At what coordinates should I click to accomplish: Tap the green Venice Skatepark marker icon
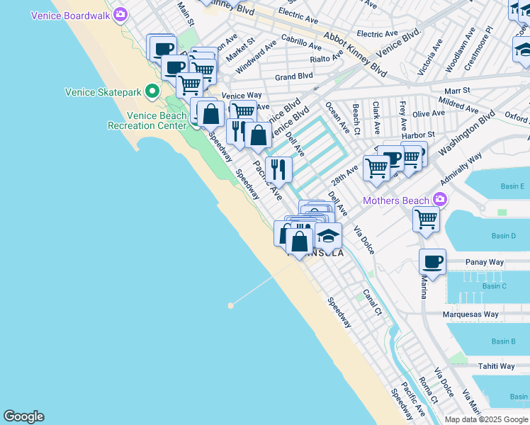pos(152,91)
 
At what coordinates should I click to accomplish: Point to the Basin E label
pos(512,186)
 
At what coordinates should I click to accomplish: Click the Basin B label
pos(503,341)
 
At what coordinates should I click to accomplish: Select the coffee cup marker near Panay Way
pos(432,262)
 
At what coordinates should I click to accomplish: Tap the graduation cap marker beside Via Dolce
pos(328,236)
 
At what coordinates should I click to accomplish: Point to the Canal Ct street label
pos(373,300)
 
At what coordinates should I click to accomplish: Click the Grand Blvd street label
pos(293,76)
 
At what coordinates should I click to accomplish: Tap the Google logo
pos(23,416)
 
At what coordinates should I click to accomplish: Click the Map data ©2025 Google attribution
pos(486,419)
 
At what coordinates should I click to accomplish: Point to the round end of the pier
pos(230,305)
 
